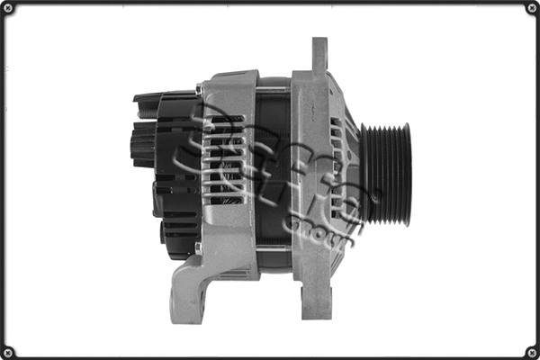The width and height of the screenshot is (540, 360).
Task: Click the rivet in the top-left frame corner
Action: tap(8, 8)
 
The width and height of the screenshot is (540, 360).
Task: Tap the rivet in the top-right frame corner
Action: tap(531, 8)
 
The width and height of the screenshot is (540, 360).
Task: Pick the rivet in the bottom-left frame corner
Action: tap(8, 351)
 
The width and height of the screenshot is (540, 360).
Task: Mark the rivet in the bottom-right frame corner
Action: tap(531, 351)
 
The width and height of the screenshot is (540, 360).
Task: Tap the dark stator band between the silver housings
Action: tap(274, 171)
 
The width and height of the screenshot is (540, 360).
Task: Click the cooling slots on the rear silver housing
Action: tap(220, 166)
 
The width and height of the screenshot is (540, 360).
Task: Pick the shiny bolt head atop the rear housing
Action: tap(199, 88)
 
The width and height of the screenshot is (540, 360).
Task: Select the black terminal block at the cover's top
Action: tap(153, 96)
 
